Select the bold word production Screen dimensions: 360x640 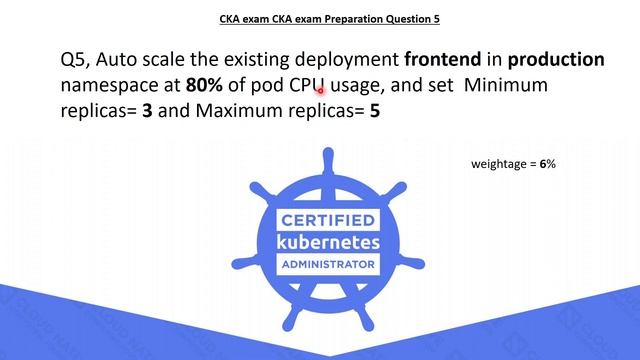pos(555,60)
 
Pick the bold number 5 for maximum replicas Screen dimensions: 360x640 pos(375,112)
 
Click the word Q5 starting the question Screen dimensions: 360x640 pos(76,60)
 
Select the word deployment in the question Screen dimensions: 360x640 pos(347,60)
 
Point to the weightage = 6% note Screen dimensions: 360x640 pos(513,163)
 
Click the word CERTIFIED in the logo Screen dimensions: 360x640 pos(327,220)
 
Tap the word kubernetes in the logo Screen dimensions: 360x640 pos(327,243)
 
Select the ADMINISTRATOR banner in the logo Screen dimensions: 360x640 pos(327,265)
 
